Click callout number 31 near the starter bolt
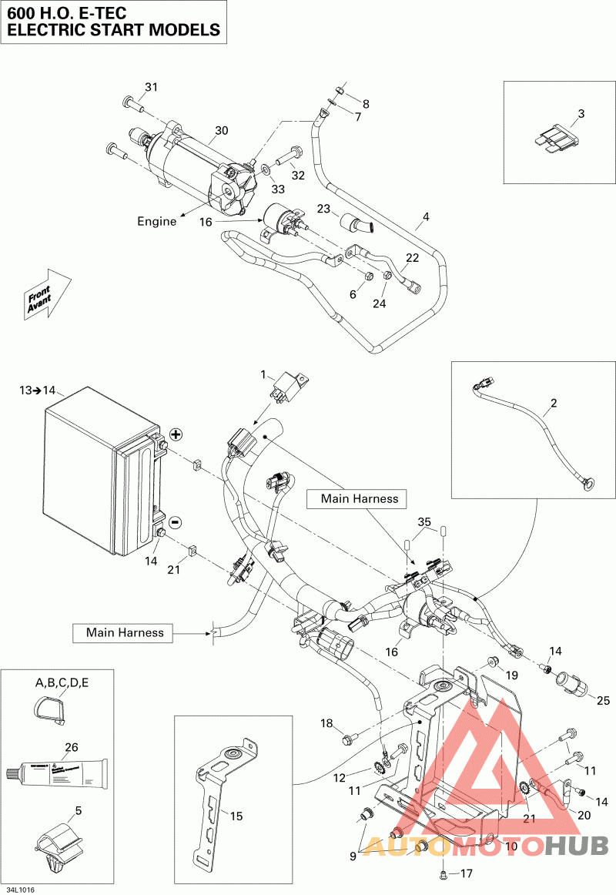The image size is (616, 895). click(151, 87)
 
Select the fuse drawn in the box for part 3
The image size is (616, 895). click(554, 141)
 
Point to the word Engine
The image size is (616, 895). click(157, 221)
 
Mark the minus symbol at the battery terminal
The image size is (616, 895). click(175, 522)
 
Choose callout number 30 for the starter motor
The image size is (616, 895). click(222, 131)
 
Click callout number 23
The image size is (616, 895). click(323, 208)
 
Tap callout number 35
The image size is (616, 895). click(423, 522)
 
